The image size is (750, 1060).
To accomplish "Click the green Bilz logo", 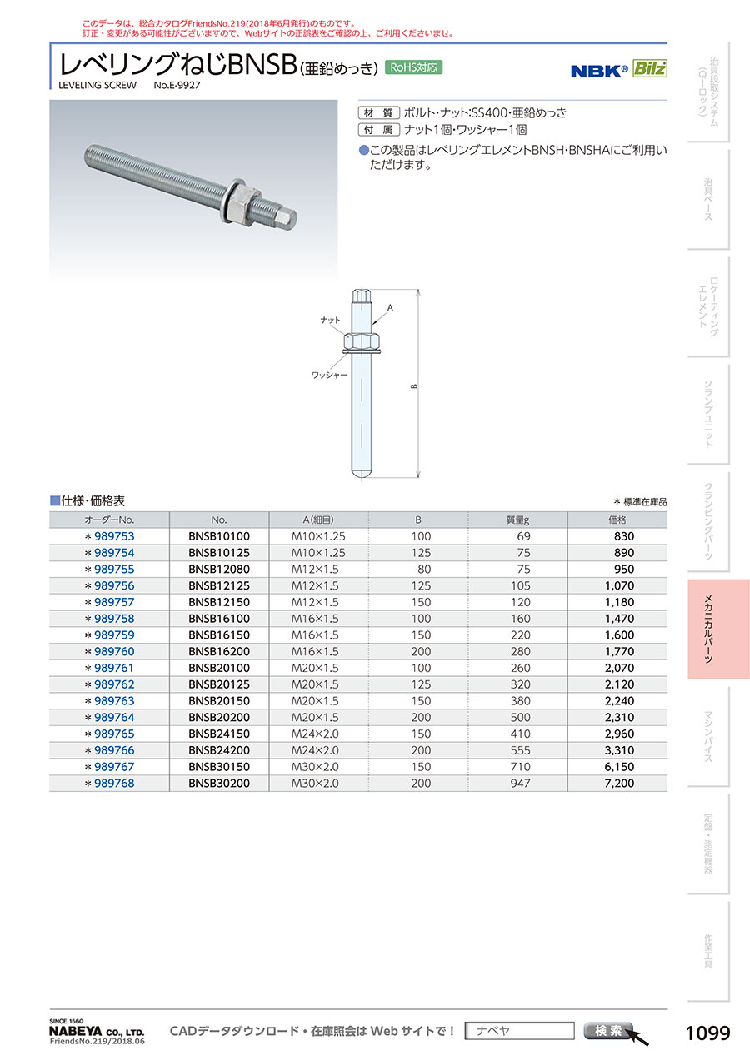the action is [650, 68].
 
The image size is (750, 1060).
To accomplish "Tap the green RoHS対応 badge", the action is [413, 67].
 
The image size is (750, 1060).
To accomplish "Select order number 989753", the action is [114, 536].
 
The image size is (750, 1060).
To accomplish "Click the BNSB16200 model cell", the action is [218, 651].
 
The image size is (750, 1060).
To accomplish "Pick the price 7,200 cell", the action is [619, 784].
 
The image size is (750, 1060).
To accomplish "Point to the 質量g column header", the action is [517, 520].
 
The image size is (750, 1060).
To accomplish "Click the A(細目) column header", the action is [318, 520].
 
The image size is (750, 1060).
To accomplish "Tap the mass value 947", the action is [520, 784].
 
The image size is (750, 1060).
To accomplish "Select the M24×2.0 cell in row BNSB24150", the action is [315, 734].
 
